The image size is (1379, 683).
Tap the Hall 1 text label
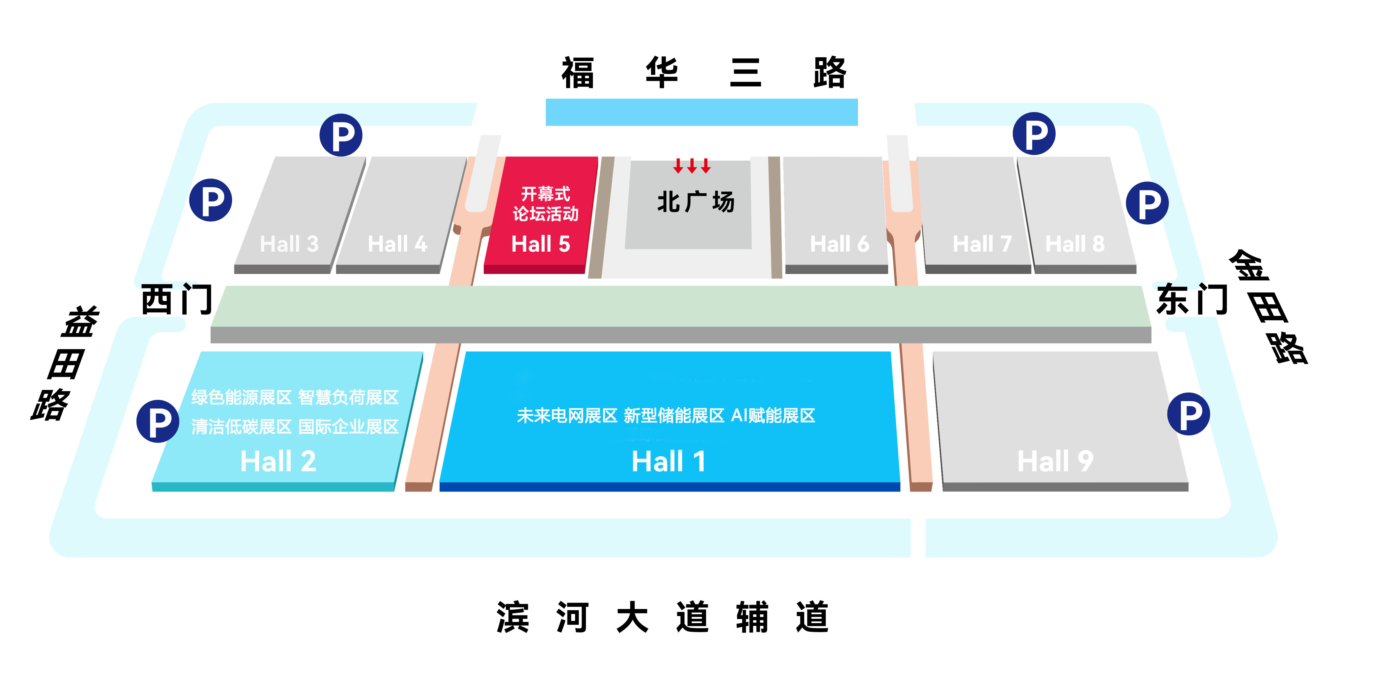pyautogui.click(x=669, y=461)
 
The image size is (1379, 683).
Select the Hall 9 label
pyautogui.click(x=1055, y=461)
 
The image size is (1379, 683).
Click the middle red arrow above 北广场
pyautogui.click(x=692, y=166)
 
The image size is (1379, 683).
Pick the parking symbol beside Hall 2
pyautogui.click(x=158, y=421)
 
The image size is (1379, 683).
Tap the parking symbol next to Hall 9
pyautogui.click(x=1188, y=414)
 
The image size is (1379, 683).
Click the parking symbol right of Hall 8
pyautogui.click(x=1147, y=203)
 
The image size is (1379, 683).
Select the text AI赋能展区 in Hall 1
pyautogui.click(x=773, y=416)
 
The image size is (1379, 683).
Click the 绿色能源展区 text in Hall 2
pyautogui.click(x=241, y=398)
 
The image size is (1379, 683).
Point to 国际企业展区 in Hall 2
pyautogui.click(x=349, y=427)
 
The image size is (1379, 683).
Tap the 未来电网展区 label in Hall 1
pyautogui.click(x=567, y=416)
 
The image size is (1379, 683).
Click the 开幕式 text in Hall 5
pyautogui.click(x=545, y=194)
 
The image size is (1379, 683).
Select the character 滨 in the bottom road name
pyautogui.click(x=513, y=617)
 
